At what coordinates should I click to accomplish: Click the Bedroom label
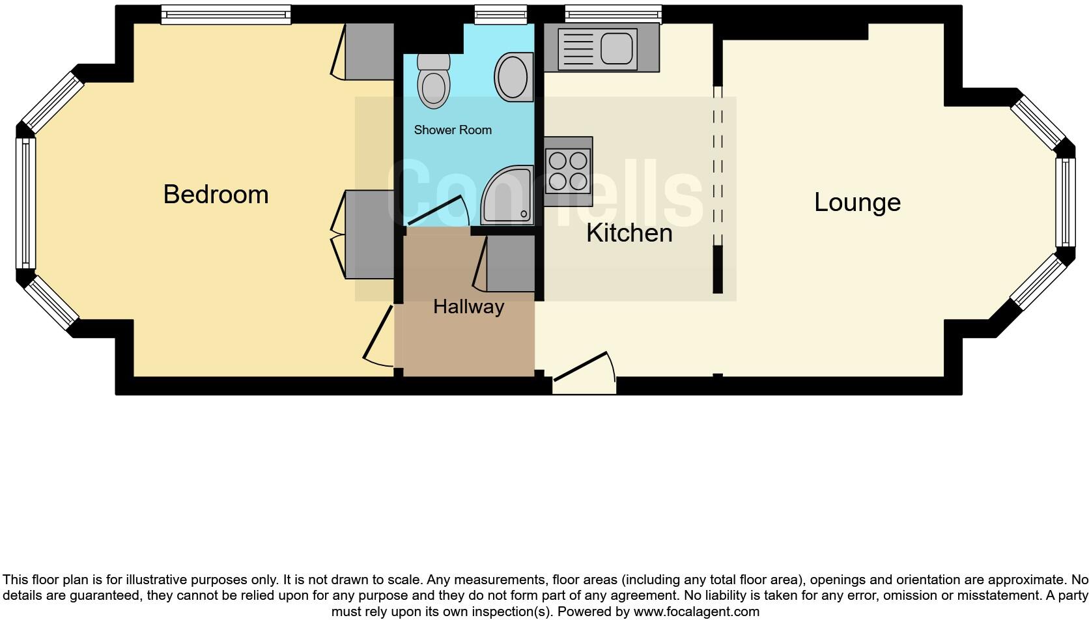pyautogui.click(x=216, y=195)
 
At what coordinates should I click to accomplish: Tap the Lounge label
pyautogui.click(x=857, y=203)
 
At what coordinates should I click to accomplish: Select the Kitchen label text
pyautogui.click(x=629, y=233)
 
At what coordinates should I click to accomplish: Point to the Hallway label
pyautogui.click(x=468, y=307)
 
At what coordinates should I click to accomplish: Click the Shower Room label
pyautogui.click(x=453, y=130)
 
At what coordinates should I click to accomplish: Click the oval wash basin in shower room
pyautogui.click(x=513, y=77)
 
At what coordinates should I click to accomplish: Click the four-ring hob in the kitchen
pyautogui.click(x=568, y=171)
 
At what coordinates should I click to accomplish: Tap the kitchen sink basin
pyautogui.click(x=617, y=48)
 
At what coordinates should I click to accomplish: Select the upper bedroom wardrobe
pyautogui.click(x=369, y=52)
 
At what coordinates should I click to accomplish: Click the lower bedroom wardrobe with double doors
pyautogui.click(x=369, y=234)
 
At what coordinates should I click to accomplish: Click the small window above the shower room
pyautogui.click(x=500, y=13)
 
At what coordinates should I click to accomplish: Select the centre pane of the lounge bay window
pyautogui.click(x=1065, y=203)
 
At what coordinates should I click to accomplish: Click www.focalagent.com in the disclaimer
pyautogui.click(x=696, y=612)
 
